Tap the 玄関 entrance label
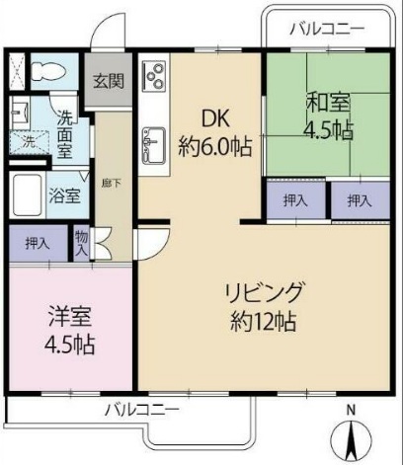[109, 82]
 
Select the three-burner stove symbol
[154, 75]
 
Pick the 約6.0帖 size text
[216, 146]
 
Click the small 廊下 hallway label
[110, 184]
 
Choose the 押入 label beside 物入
[36, 242]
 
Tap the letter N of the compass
[349, 410]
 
